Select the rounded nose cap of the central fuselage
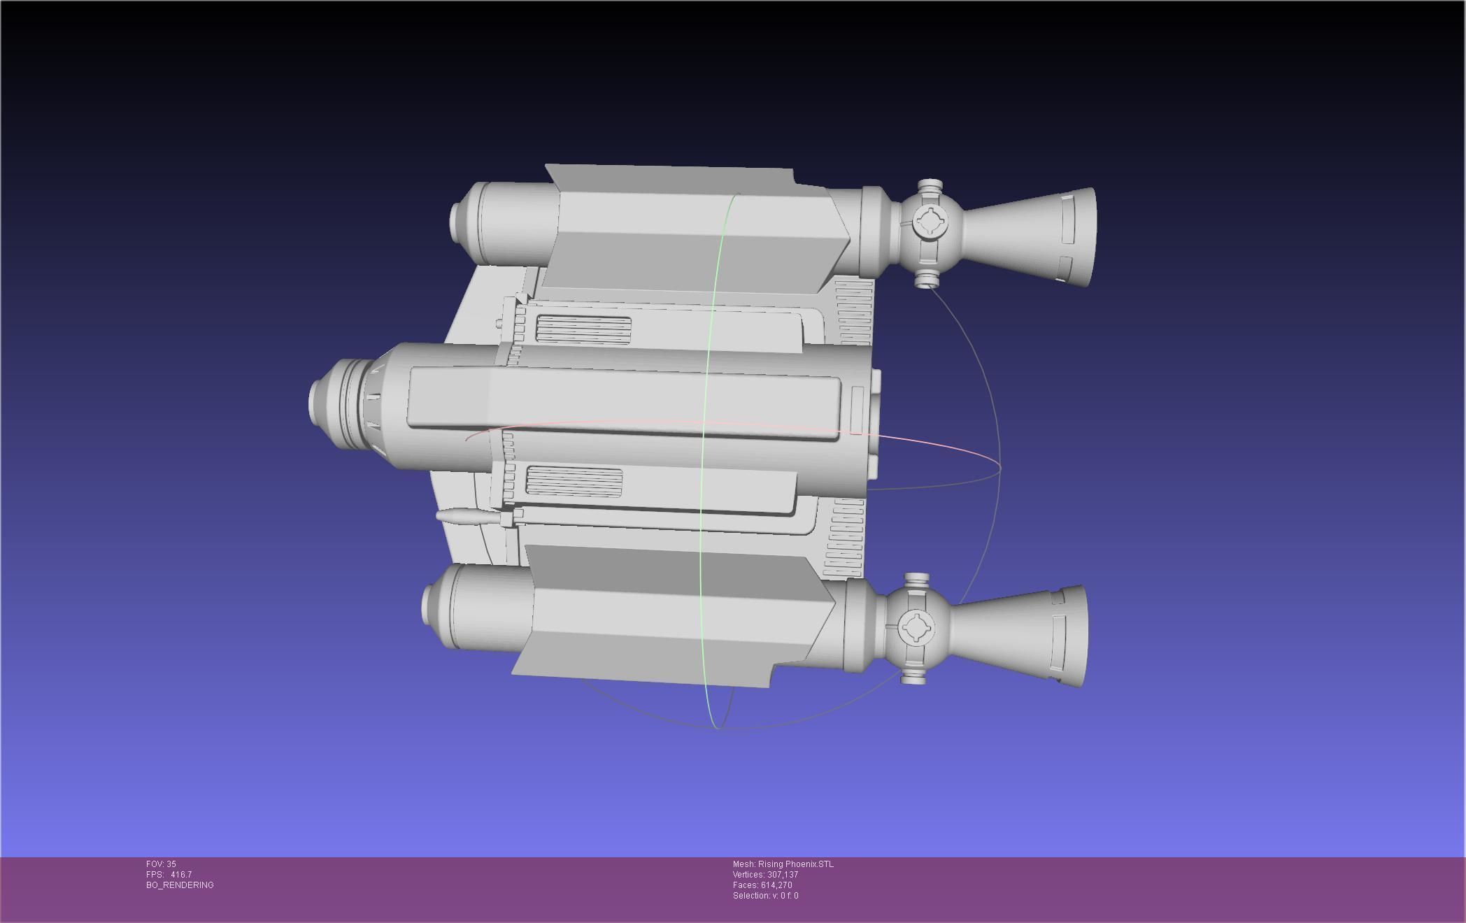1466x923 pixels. click(320, 400)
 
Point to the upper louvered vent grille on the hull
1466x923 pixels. click(583, 329)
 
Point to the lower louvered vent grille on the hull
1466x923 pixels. click(574, 481)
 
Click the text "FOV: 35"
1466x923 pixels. click(161, 864)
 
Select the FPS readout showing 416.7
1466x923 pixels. click(169, 875)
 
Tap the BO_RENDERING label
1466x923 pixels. click(180, 885)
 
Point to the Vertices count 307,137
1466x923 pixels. click(765, 875)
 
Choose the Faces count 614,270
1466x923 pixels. click(762, 885)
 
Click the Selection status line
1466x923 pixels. click(765, 896)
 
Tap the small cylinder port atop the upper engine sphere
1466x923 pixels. click(930, 187)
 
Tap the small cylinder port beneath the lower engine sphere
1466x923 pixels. click(913, 676)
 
